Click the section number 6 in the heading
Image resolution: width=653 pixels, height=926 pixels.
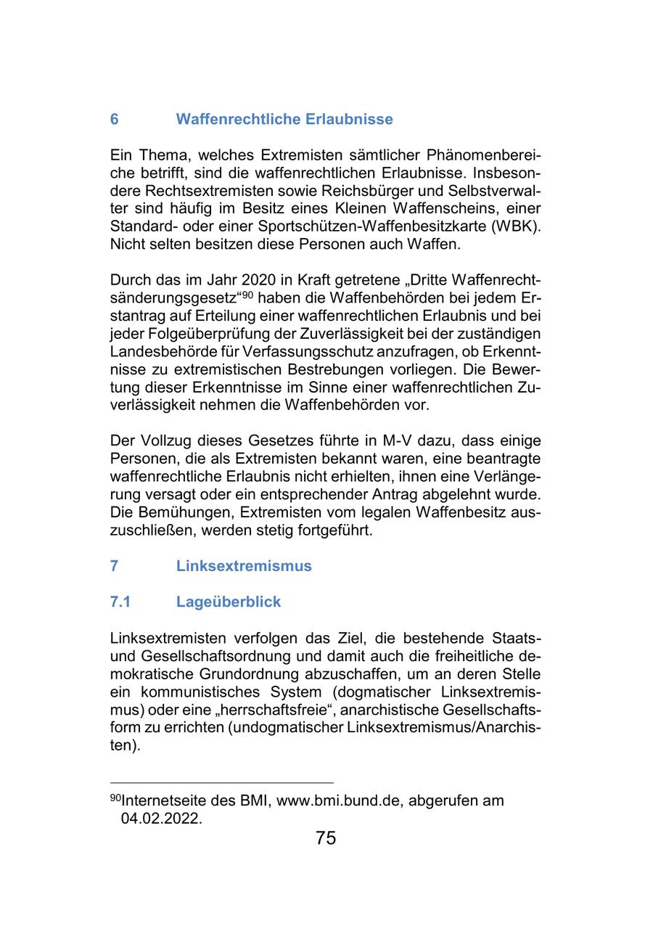(x=115, y=119)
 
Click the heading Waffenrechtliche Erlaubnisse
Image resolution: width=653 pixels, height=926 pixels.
(x=284, y=119)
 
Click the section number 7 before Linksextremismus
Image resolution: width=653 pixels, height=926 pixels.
(x=115, y=566)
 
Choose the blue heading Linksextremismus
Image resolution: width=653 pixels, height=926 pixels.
(x=244, y=566)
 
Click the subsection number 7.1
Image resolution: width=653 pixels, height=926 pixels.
(x=120, y=602)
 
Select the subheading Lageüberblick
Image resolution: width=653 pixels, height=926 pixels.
(x=228, y=602)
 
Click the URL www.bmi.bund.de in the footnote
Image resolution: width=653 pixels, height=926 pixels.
(x=334, y=801)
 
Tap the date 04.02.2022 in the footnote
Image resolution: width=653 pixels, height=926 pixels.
(x=161, y=819)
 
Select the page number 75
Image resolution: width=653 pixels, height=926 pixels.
(x=326, y=838)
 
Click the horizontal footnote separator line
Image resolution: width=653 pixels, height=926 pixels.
(x=221, y=783)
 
